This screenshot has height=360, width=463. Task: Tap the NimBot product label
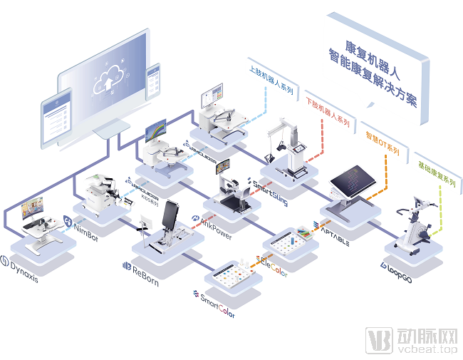click(x=86, y=226)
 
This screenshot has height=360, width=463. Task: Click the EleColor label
click(x=274, y=267)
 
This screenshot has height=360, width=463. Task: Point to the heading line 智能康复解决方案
click(x=373, y=71)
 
